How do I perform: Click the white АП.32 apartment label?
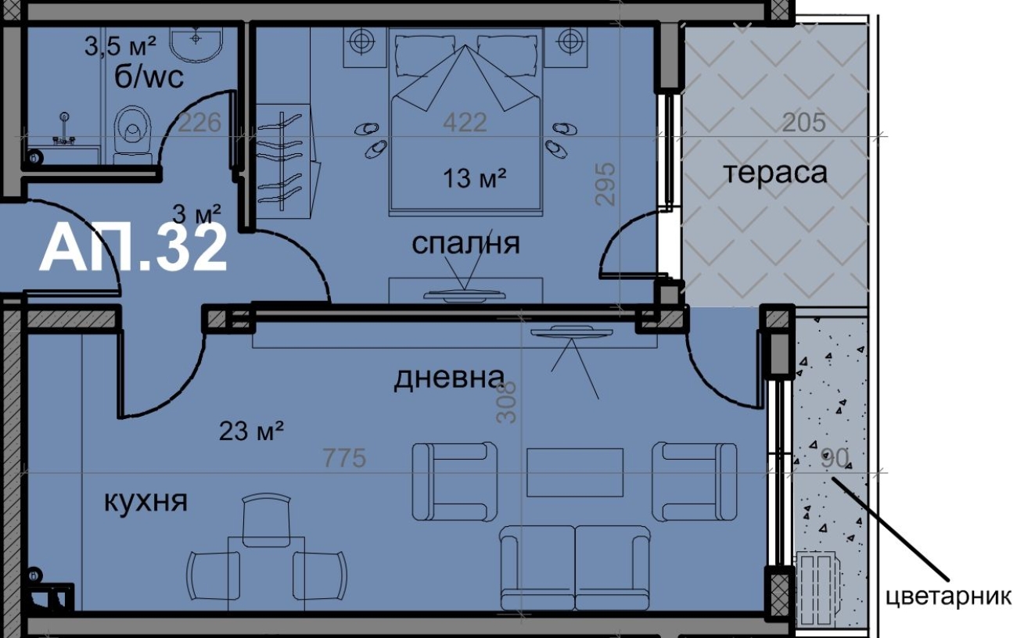132,249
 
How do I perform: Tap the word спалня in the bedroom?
465,244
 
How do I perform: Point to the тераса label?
776,173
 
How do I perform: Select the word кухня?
146,501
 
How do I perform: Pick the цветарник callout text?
948,597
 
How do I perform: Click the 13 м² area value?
474,177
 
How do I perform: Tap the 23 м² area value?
251,431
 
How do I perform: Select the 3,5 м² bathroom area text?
120,46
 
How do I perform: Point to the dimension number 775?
344,458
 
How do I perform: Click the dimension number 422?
465,123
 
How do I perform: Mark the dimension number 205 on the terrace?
803,123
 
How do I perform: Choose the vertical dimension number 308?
506,403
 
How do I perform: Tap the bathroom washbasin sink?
196,44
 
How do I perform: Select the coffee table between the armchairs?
575,472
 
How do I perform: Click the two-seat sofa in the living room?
575,568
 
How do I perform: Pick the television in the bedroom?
465,296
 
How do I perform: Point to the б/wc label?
149,77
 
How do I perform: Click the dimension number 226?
199,123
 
